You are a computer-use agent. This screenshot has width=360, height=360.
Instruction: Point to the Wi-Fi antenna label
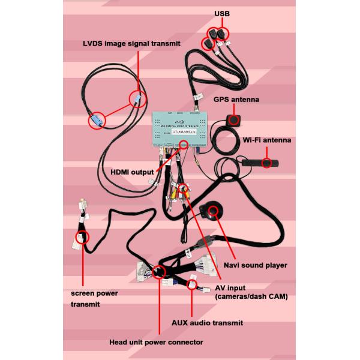pos(267,140)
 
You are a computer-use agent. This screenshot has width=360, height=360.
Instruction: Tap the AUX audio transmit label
pos(208,322)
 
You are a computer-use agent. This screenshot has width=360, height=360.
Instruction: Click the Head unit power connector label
pos(157,342)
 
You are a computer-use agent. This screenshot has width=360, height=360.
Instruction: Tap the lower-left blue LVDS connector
pos(96,122)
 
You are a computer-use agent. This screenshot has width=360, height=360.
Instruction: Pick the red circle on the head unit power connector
pos(159,273)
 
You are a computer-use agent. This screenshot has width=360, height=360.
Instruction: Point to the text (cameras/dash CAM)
pos(251,296)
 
